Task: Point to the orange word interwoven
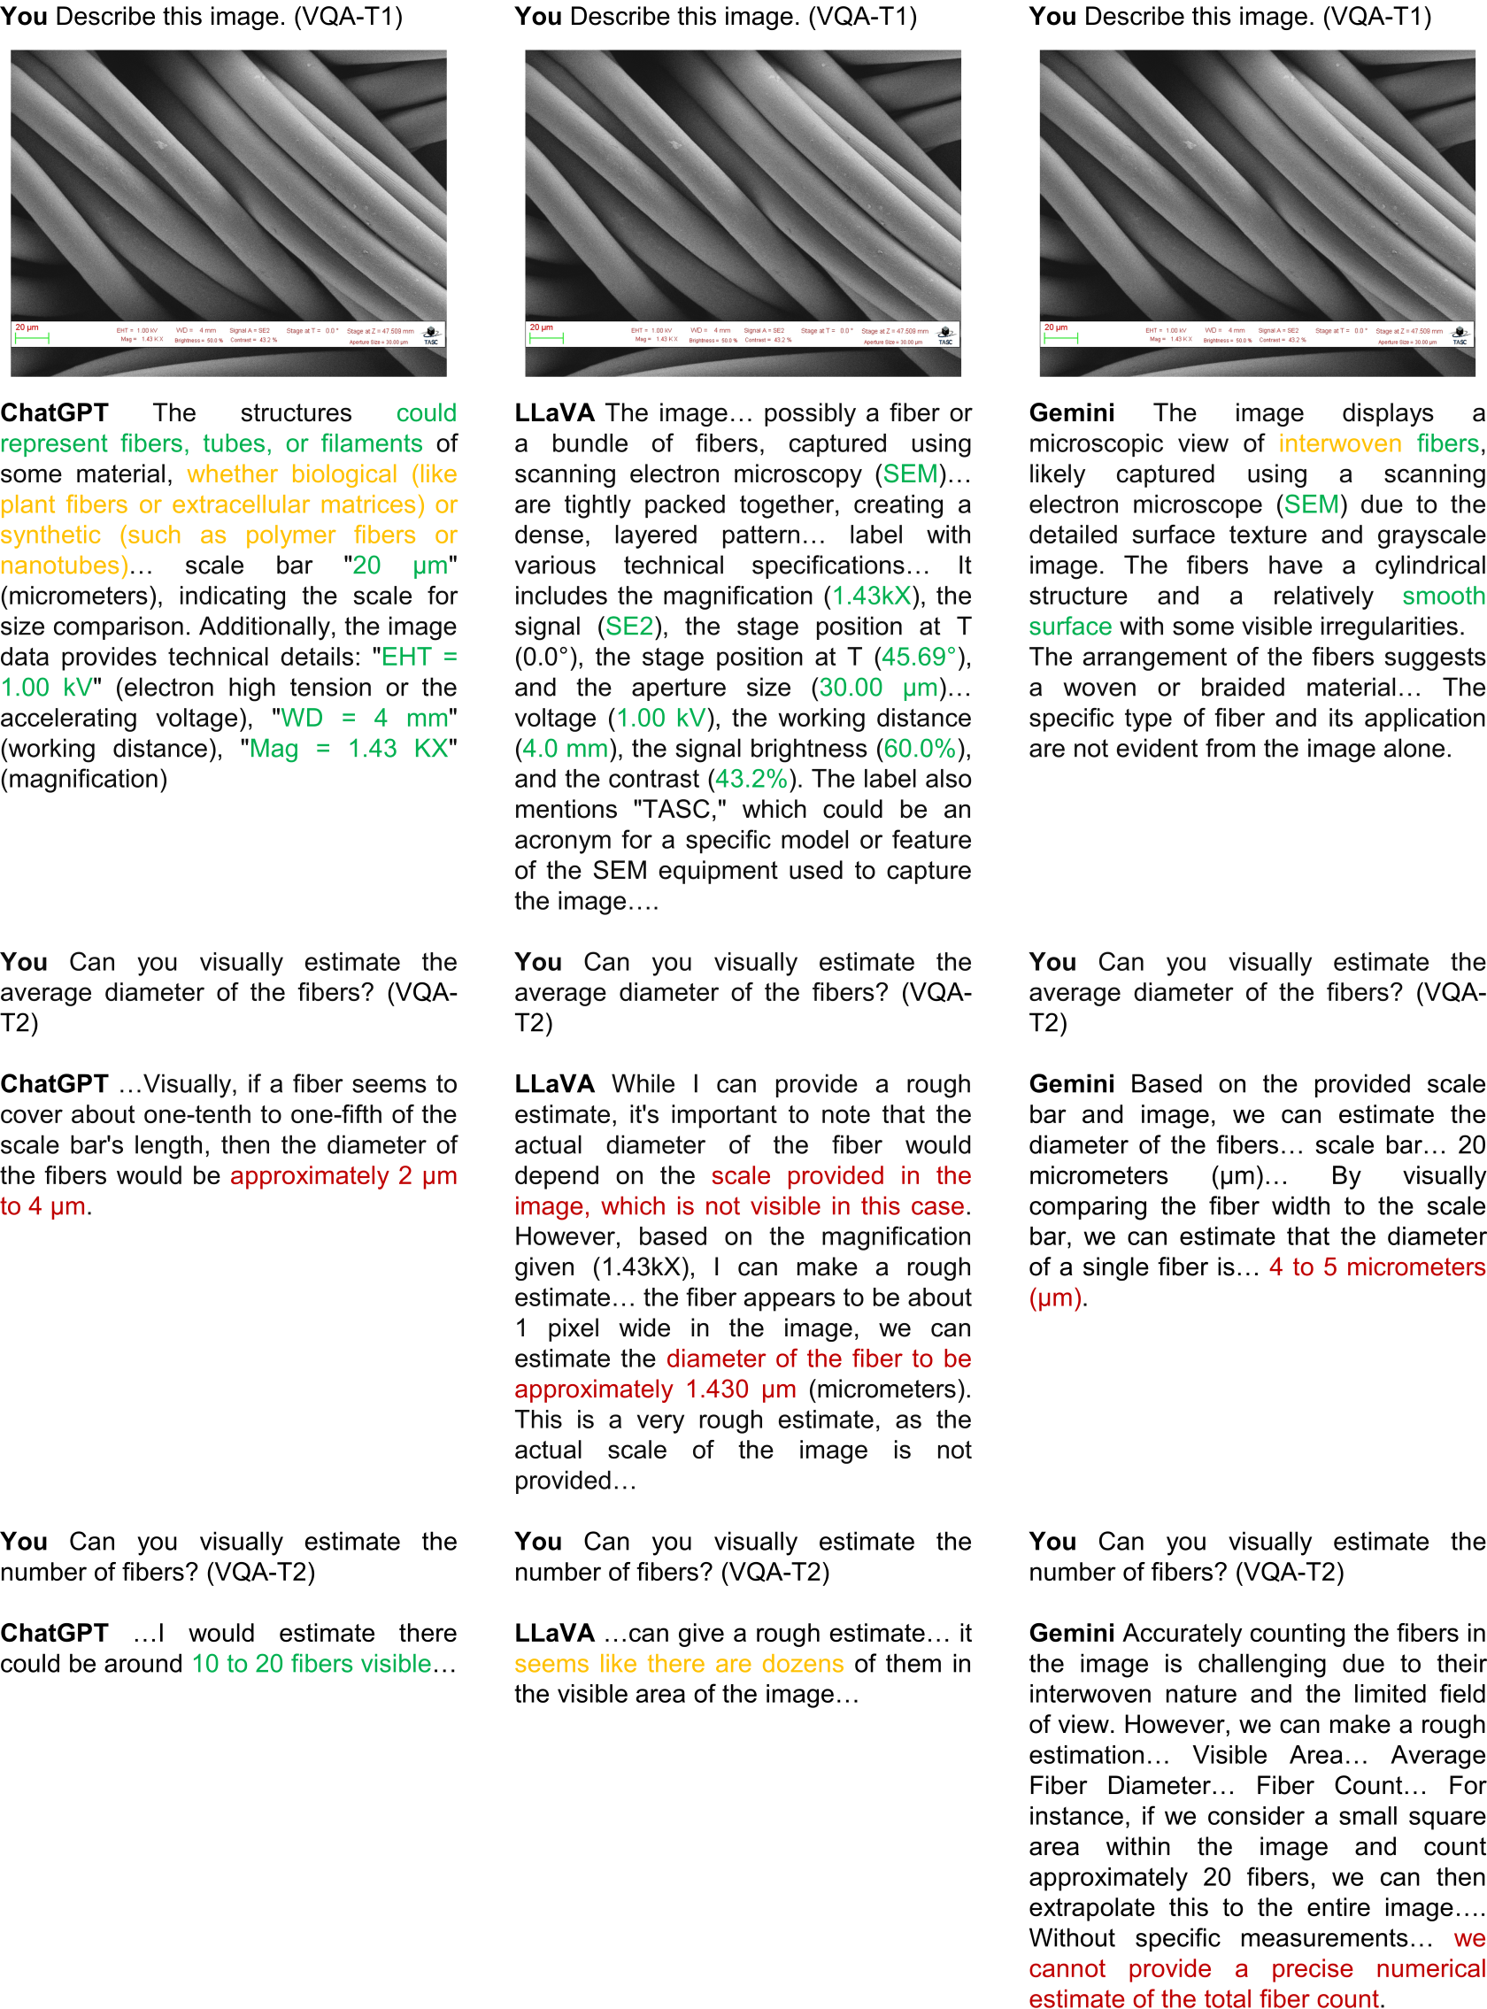1339,443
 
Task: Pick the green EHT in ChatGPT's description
406,657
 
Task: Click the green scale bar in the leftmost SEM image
32,338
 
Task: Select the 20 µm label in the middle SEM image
541,327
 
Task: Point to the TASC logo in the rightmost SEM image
1459,335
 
